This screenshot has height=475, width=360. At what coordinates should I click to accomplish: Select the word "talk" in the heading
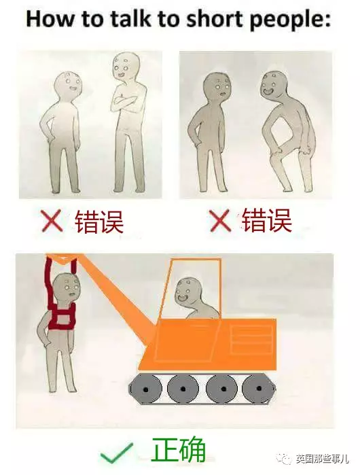pyautogui.click(x=130, y=19)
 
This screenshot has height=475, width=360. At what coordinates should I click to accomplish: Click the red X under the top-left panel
pyautogui.click(x=52, y=221)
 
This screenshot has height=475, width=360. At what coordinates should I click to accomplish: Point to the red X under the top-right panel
pyautogui.click(x=220, y=221)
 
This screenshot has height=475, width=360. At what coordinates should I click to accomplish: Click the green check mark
pyautogui.click(x=116, y=453)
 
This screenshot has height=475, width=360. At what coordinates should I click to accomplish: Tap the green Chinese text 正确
pyautogui.click(x=178, y=450)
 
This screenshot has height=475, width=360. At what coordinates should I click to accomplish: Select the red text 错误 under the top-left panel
pyautogui.click(x=98, y=222)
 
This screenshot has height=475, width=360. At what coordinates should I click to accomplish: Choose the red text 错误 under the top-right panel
pyautogui.click(x=266, y=220)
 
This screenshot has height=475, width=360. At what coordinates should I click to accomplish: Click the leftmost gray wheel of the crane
pyautogui.click(x=146, y=389)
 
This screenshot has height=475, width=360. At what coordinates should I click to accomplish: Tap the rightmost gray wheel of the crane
pyautogui.click(x=258, y=389)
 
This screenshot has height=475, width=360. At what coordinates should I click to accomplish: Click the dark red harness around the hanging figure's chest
pyautogui.click(x=62, y=317)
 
